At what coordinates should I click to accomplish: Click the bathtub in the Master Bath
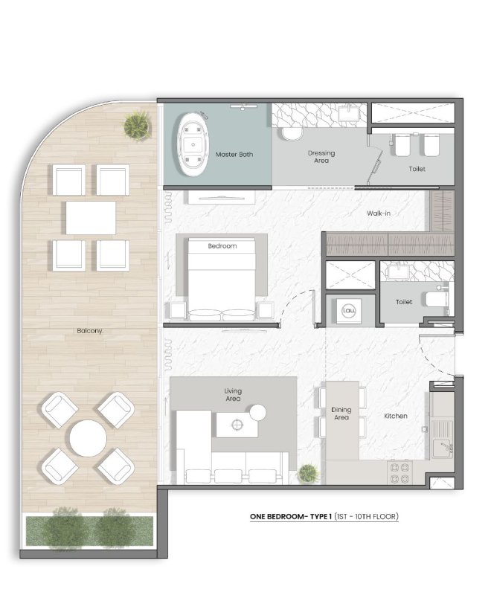[x=193, y=144]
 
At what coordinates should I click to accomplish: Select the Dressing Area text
[x=321, y=157]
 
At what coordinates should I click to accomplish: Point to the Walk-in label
[x=379, y=213]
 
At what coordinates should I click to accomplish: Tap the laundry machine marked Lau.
[x=347, y=310]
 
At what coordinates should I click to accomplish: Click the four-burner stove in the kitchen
[x=400, y=473]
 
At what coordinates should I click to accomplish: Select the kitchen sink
[x=442, y=449]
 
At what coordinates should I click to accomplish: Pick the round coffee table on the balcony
[x=89, y=438]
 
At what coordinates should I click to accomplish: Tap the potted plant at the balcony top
[x=136, y=124]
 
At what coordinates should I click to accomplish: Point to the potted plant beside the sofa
[x=307, y=474]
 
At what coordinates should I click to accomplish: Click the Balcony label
[x=89, y=330]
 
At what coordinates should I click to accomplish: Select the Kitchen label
[x=395, y=416]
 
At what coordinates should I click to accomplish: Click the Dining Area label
[x=341, y=414]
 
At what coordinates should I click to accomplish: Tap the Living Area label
[x=233, y=395]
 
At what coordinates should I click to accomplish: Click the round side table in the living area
[x=257, y=412]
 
